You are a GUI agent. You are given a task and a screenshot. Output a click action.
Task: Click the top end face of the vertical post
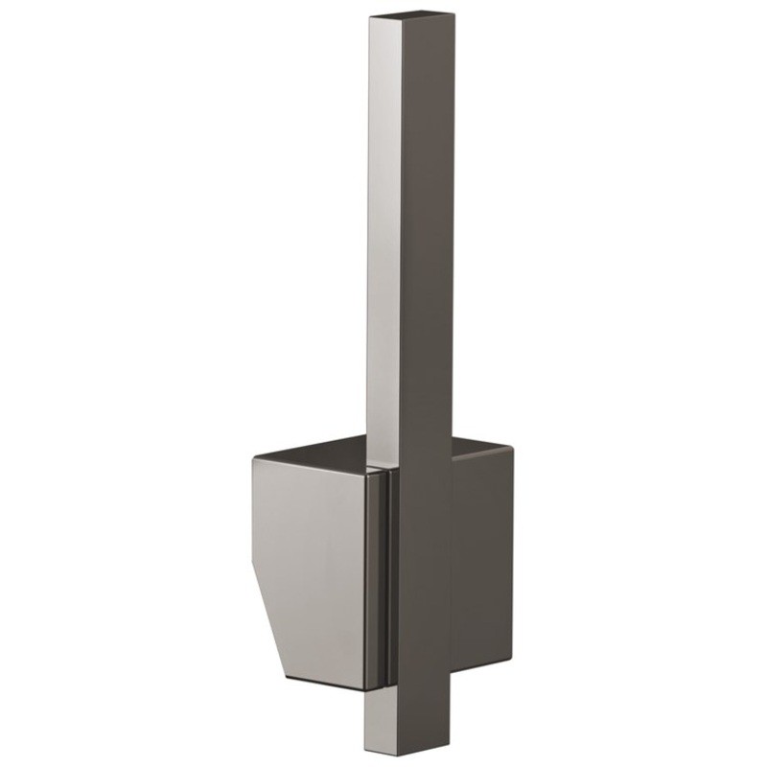point(398,18)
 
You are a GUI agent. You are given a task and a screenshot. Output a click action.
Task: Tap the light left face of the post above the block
point(381,240)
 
